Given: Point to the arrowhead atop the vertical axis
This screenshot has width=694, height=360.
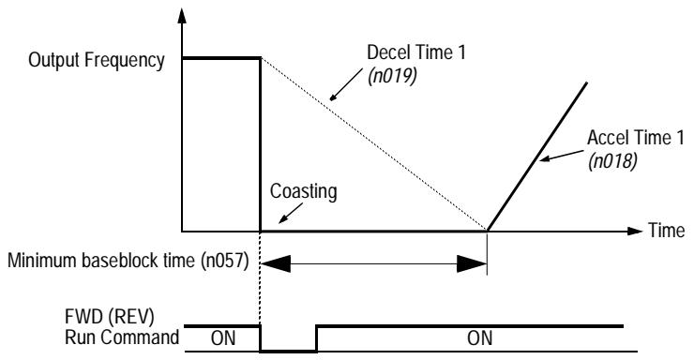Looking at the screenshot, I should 181,17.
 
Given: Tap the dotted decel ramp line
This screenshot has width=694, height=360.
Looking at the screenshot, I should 375,146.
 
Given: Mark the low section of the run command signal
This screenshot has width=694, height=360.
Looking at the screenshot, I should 288,349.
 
